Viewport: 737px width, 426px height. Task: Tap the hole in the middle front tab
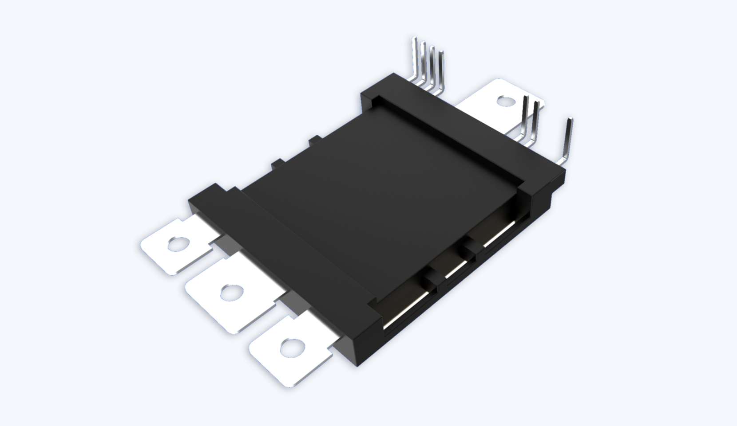point(232,292)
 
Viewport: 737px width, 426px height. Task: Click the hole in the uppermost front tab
point(178,244)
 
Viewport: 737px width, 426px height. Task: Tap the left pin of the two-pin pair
point(525,115)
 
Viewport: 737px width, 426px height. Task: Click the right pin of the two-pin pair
point(535,120)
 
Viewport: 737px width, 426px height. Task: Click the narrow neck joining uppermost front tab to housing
point(218,239)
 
